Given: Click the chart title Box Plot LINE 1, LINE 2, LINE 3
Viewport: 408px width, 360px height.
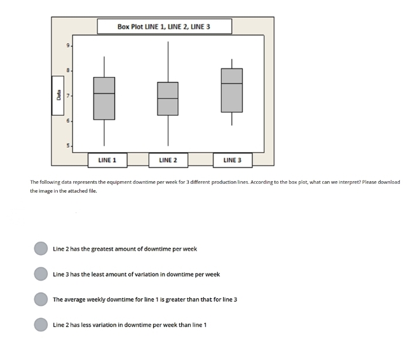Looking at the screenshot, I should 164,27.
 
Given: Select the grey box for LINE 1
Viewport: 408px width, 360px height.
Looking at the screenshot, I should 104,99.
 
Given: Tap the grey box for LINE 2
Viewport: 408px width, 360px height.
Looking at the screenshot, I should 168,99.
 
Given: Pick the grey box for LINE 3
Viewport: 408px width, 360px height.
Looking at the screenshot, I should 231,90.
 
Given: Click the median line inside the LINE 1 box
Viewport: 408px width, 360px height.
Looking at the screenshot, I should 104,93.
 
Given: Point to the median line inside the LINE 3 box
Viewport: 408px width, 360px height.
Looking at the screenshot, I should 231,83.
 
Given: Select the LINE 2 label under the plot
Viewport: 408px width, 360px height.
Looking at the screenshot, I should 168,160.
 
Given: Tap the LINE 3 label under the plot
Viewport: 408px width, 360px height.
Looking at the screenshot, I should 233,160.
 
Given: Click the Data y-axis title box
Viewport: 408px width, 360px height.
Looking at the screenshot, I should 58,95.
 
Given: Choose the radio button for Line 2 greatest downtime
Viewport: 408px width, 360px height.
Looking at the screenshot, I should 41,249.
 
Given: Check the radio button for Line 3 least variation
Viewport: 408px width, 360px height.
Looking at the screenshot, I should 41,274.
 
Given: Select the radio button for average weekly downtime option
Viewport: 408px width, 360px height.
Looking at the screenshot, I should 41,299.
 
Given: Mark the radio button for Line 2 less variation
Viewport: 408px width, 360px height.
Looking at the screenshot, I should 41,324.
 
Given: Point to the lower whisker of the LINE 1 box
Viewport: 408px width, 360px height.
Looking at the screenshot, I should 104,132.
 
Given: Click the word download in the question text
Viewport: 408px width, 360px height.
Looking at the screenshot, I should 388,182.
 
